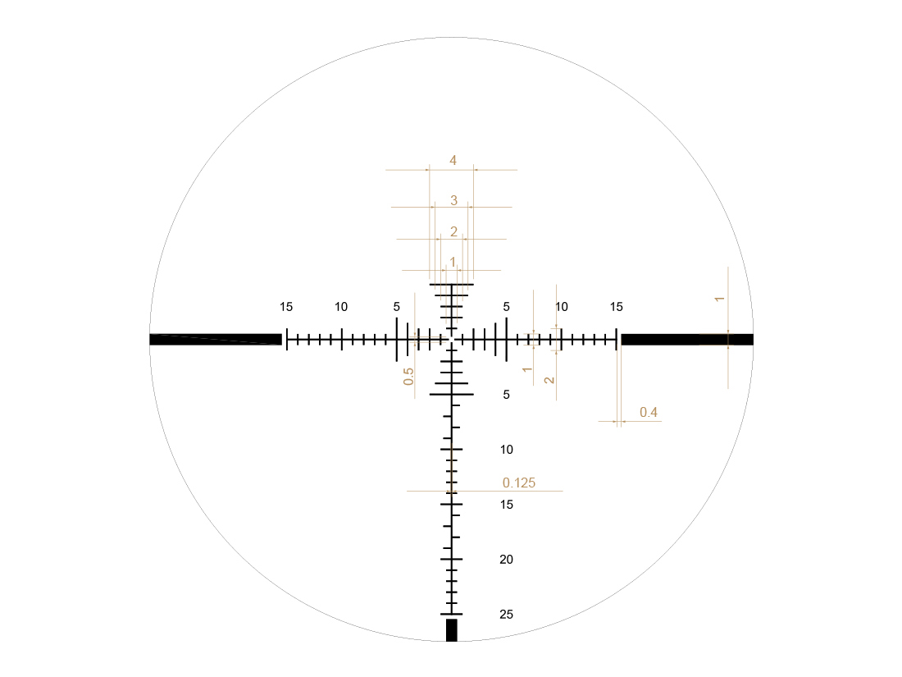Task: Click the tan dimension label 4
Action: (453, 161)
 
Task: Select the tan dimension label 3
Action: (454, 200)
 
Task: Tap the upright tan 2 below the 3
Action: (454, 231)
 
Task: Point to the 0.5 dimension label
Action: (408, 377)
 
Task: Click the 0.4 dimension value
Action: (649, 412)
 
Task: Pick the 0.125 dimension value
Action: (519, 483)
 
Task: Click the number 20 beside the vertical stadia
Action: (506, 560)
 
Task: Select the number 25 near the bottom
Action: (506, 615)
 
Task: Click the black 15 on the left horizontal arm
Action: (286, 307)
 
